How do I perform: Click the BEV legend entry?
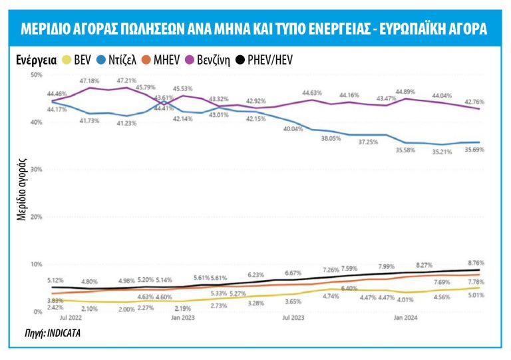coord(77,60)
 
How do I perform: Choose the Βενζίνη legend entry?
coord(212,60)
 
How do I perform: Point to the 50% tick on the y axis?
coord(36,75)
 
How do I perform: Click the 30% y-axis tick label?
coord(36,170)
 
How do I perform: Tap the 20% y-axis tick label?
coord(36,217)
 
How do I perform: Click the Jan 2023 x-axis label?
coord(182,318)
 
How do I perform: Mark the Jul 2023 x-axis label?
coord(293,318)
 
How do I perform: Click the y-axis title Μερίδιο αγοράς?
coord(22,189)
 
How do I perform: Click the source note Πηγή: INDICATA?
coord(39,331)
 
